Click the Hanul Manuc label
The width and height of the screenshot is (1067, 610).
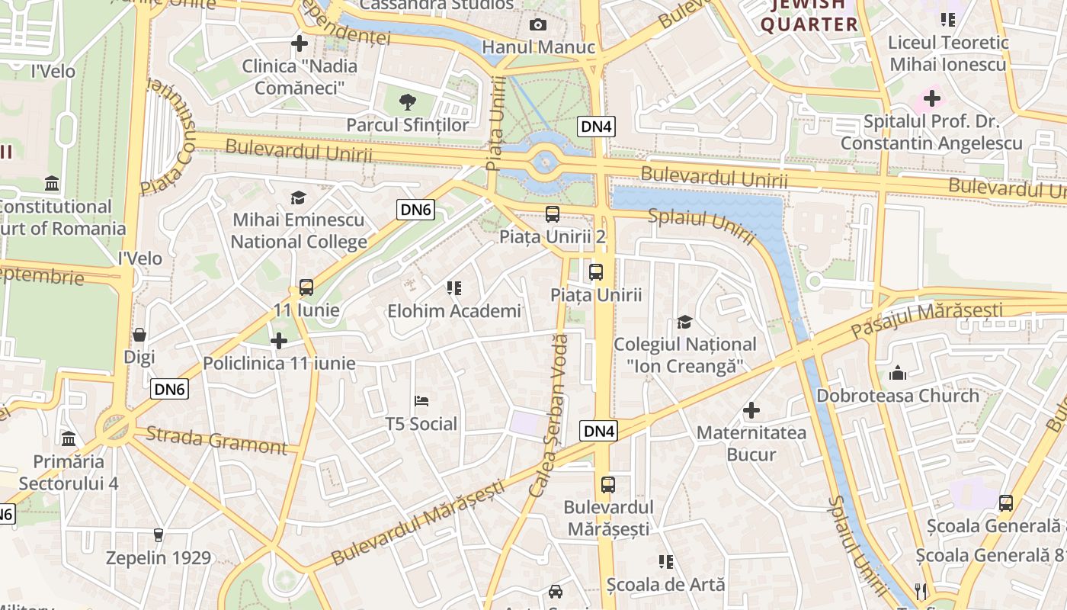(x=538, y=47)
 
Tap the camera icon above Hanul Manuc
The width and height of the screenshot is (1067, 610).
(x=538, y=24)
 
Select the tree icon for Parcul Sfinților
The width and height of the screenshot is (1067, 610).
(x=408, y=101)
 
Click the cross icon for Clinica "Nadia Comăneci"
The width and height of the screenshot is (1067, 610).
(x=300, y=43)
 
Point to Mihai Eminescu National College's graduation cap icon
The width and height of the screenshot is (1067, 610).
(x=298, y=197)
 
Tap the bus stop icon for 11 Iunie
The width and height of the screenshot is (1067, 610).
(x=306, y=287)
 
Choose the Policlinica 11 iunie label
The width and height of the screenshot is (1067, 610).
(x=279, y=363)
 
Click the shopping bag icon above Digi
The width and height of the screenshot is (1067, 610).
(x=139, y=334)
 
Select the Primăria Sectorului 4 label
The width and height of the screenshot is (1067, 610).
(x=69, y=473)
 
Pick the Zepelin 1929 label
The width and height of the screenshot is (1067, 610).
(x=159, y=557)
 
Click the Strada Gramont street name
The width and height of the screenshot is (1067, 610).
(x=216, y=440)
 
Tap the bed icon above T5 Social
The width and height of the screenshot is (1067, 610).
(x=421, y=401)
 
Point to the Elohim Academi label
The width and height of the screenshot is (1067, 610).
(x=454, y=311)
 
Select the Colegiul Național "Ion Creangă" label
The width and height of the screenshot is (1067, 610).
(x=685, y=355)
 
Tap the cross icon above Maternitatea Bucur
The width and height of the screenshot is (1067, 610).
(x=751, y=410)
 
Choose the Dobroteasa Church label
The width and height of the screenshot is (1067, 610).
(x=898, y=396)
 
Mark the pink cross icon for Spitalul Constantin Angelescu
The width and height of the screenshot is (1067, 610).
(x=931, y=98)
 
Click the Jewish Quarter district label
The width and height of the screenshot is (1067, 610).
(x=809, y=14)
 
